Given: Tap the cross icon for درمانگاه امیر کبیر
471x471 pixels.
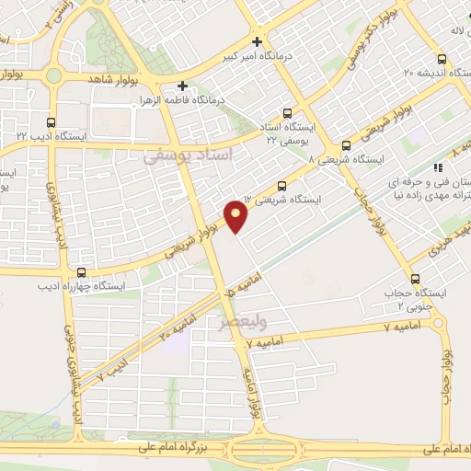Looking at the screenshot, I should pos(258,41).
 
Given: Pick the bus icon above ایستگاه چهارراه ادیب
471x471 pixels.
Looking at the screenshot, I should pos(82,272).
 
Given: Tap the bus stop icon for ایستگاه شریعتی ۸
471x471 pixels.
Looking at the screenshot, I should pos(346,144).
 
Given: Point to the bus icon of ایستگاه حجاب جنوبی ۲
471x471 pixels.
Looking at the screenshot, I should pos(415,280).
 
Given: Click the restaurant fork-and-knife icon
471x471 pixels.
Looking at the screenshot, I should pos(439,167).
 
